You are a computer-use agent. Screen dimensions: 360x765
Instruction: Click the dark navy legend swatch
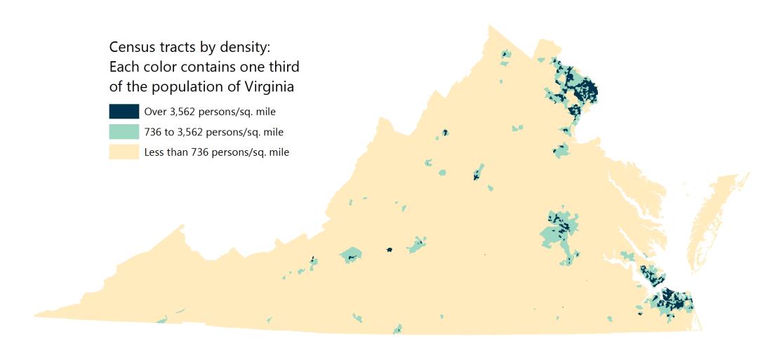(x=124, y=112)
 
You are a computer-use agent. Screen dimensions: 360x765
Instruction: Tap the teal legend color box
(x=124, y=132)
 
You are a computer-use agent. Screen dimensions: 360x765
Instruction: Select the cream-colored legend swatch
(x=124, y=152)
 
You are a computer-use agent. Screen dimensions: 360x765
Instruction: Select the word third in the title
(x=284, y=68)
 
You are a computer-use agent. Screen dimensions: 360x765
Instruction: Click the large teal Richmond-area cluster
(x=558, y=229)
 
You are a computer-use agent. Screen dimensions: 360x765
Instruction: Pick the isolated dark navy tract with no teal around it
(x=390, y=248)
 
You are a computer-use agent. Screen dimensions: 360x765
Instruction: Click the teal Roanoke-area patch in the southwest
(x=351, y=254)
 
